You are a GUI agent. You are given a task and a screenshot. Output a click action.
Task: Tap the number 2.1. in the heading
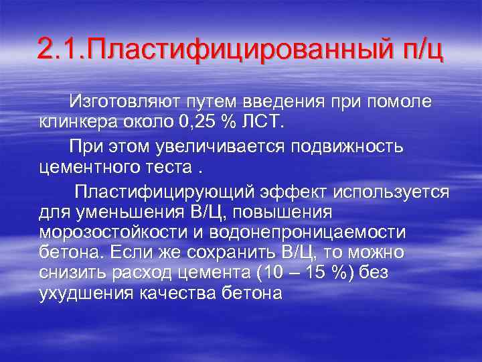point(62,49)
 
